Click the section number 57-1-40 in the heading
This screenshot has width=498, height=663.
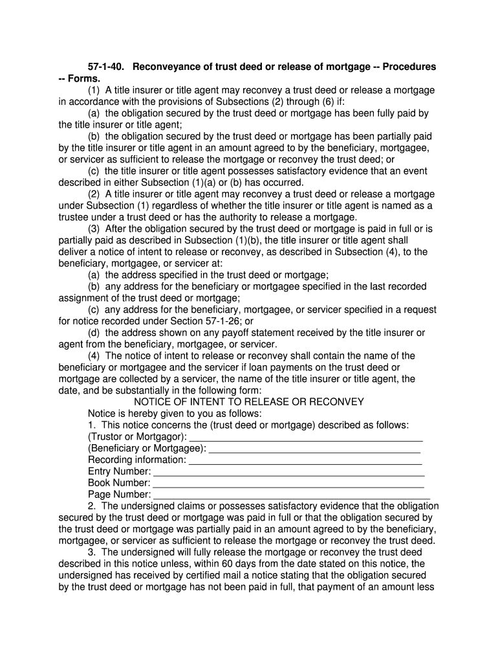click(107, 67)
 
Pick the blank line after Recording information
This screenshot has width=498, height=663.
click(305, 460)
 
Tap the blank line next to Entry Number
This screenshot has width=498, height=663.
click(288, 472)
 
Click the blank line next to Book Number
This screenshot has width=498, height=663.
click(288, 484)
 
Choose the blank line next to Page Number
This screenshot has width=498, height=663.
click(290, 495)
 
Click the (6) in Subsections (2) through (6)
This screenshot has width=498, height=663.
click(330, 102)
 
